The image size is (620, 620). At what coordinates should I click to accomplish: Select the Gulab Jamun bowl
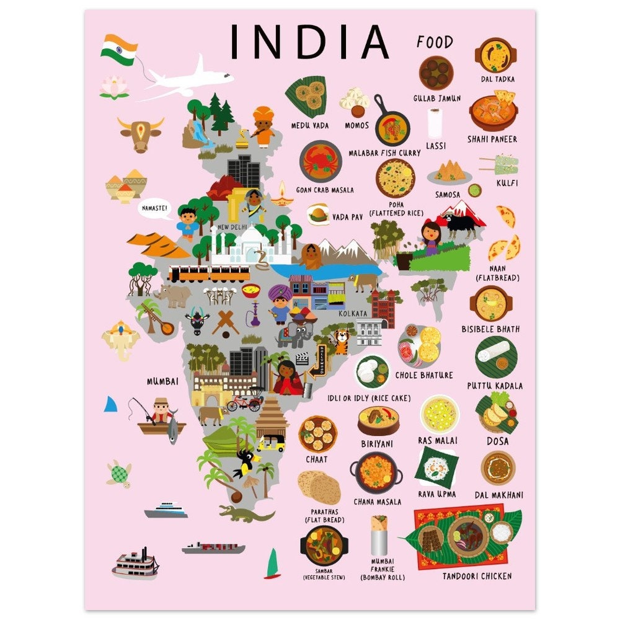(436, 73)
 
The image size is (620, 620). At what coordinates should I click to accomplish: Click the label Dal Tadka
(497, 79)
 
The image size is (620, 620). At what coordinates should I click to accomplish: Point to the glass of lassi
(435, 123)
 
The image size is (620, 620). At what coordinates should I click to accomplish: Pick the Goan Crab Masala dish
(321, 161)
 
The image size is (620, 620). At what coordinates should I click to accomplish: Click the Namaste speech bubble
(154, 209)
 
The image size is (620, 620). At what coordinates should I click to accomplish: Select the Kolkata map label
(353, 314)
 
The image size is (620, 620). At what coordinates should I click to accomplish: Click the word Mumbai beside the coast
(162, 381)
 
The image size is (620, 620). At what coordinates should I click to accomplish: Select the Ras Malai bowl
(440, 414)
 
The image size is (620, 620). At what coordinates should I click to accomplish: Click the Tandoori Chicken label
(477, 576)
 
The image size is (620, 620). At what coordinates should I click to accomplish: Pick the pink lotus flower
(115, 87)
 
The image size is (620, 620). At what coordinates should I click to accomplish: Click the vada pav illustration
(318, 214)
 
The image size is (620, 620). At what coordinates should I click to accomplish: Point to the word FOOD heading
(435, 42)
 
